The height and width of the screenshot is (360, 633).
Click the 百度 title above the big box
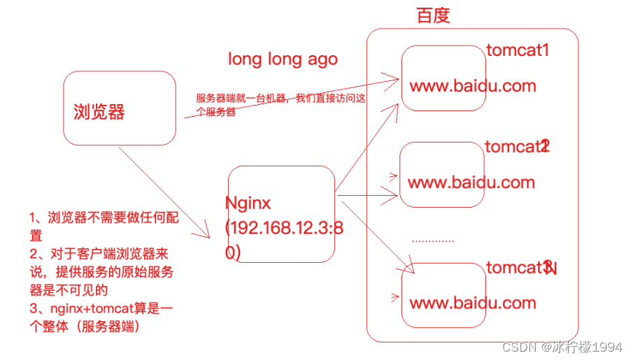point(433,16)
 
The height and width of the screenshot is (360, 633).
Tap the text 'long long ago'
point(283,59)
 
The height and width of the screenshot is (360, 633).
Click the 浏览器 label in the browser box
point(99,112)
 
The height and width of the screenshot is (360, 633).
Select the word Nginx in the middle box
point(248,203)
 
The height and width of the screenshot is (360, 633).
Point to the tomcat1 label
point(518,51)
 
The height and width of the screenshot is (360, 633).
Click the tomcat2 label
point(517,147)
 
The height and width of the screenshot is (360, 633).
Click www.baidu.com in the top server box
point(472,86)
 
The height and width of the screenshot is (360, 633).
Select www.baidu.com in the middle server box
point(471,182)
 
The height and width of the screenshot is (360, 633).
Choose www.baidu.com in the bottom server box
point(472,303)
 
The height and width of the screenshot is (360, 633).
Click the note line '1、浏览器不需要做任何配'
point(104,218)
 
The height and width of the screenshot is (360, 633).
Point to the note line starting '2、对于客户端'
point(102,254)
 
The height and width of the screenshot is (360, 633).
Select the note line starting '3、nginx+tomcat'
point(102,309)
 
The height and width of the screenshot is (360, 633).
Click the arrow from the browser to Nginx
point(168,192)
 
